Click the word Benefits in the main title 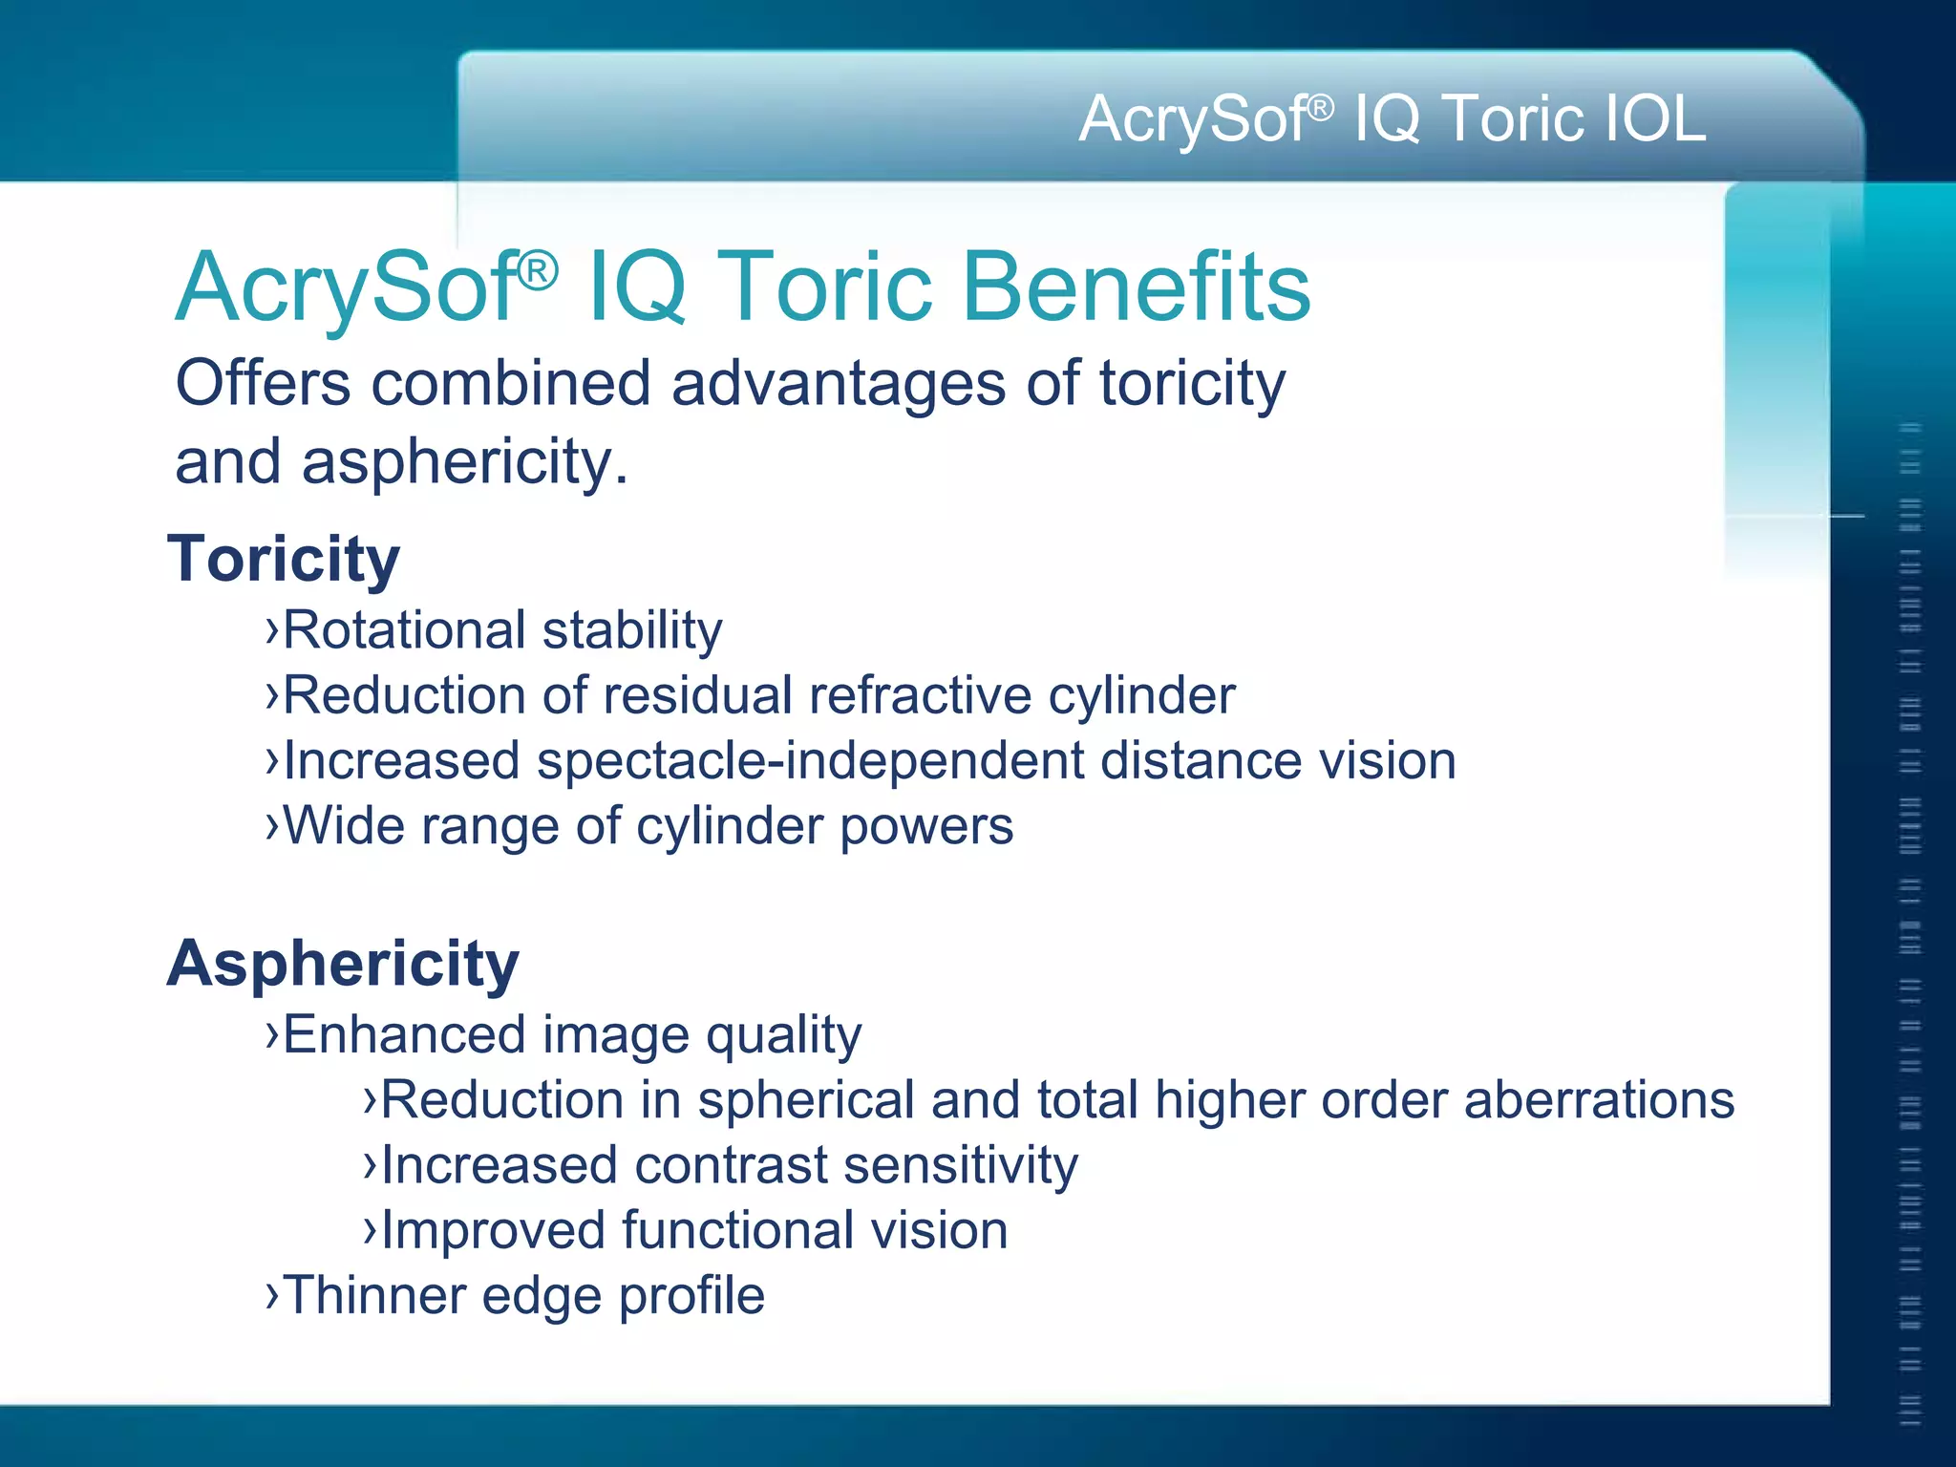coord(1137,287)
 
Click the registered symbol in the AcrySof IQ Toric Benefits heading coord(538,271)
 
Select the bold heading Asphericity coord(343,963)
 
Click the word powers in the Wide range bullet coord(926,826)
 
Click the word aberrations coord(1599,1099)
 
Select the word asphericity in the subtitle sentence coord(465,462)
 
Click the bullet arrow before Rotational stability coord(272,630)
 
